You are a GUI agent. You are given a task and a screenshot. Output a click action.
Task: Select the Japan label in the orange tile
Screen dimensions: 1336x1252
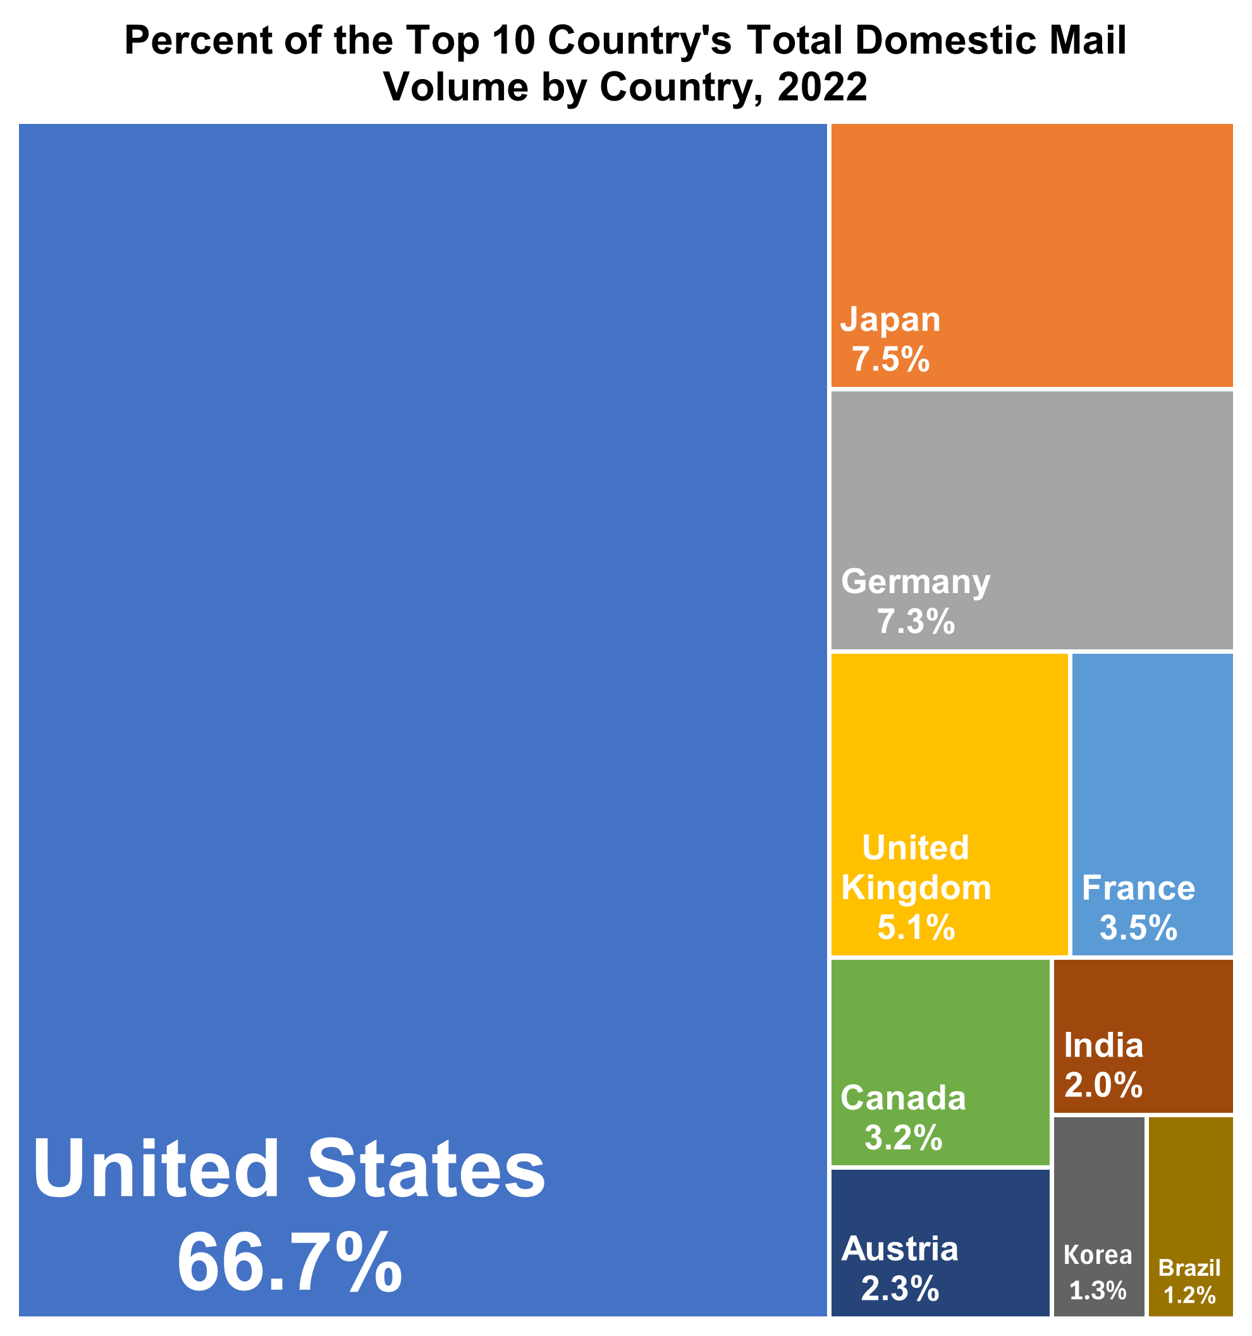pyautogui.click(x=890, y=319)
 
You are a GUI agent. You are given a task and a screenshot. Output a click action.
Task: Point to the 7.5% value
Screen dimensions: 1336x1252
pyautogui.click(x=891, y=360)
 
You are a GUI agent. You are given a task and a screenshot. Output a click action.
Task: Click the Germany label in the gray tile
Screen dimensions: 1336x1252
pyautogui.click(x=916, y=581)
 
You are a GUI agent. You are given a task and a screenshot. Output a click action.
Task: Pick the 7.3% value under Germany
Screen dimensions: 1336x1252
pyautogui.click(x=916, y=622)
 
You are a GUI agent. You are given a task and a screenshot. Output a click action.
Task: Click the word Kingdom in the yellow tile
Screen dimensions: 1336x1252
pyautogui.click(x=916, y=888)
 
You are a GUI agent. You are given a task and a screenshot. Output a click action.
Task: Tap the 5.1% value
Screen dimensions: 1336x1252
pyautogui.click(x=916, y=928)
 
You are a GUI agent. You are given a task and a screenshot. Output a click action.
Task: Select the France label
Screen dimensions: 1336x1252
pyautogui.click(x=1138, y=888)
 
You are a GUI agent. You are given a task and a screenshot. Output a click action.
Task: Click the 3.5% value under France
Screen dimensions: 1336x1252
pyautogui.click(x=1138, y=929)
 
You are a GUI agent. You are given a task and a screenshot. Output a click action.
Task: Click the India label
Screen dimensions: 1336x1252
pyautogui.click(x=1103, y=1046)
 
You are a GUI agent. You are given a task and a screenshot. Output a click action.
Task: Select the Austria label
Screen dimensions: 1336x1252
pyautogui.click(x=900, y=1249)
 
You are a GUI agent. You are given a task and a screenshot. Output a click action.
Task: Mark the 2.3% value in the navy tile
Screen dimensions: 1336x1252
pyautogui.click(x=900, y=1289)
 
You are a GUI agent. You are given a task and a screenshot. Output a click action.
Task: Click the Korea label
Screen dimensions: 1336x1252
pyautogui.click(x=1098, y=1255)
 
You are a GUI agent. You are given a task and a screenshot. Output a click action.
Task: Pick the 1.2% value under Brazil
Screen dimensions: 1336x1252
pyautogui.click(x=1189, y=1295)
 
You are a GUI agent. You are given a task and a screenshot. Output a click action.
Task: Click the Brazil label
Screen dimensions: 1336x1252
pyautogui.click(x=1189, y=1268)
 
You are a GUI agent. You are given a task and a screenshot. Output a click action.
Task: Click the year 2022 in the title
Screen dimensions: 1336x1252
pyautogui.click(x=822, y=87)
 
